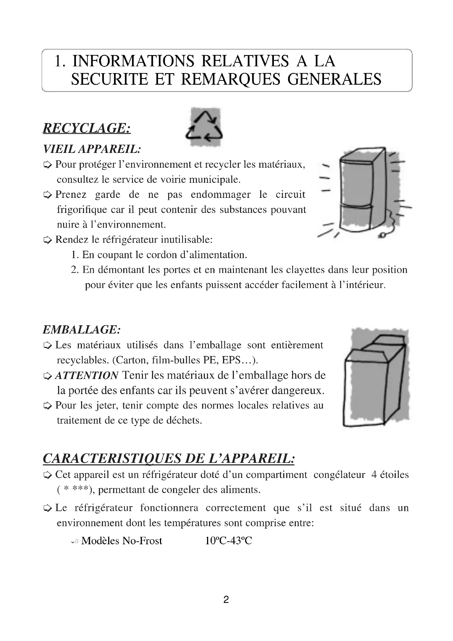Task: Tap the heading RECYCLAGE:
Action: coord(87,128)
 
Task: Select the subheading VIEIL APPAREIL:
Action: coord(92,149)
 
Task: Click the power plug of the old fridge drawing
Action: coord(381,236)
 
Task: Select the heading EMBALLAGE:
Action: coord(82,330)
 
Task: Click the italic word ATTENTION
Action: coord(87,375)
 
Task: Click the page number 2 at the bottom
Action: coord(226,599)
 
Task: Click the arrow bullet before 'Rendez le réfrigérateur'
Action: coord(48,240)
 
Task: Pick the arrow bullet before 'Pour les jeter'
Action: coord(48,406)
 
